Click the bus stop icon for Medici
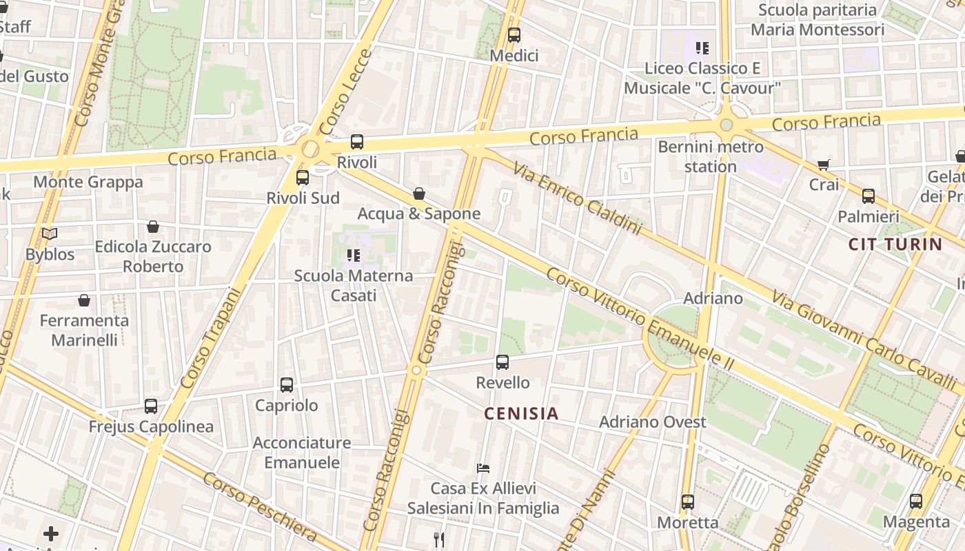514,35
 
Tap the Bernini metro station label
711,156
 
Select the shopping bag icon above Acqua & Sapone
419,194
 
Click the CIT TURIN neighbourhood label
895,244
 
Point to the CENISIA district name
521,413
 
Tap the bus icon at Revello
502,362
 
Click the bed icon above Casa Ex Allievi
483,468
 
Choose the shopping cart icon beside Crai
824,165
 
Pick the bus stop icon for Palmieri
868,196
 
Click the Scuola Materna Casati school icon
354,256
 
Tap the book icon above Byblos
50,234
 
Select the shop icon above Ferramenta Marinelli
84,300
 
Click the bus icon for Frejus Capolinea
151,406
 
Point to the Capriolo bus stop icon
287,385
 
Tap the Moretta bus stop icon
688,502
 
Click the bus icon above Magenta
916,501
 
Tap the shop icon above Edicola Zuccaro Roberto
153,227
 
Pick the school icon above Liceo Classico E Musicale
702,48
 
